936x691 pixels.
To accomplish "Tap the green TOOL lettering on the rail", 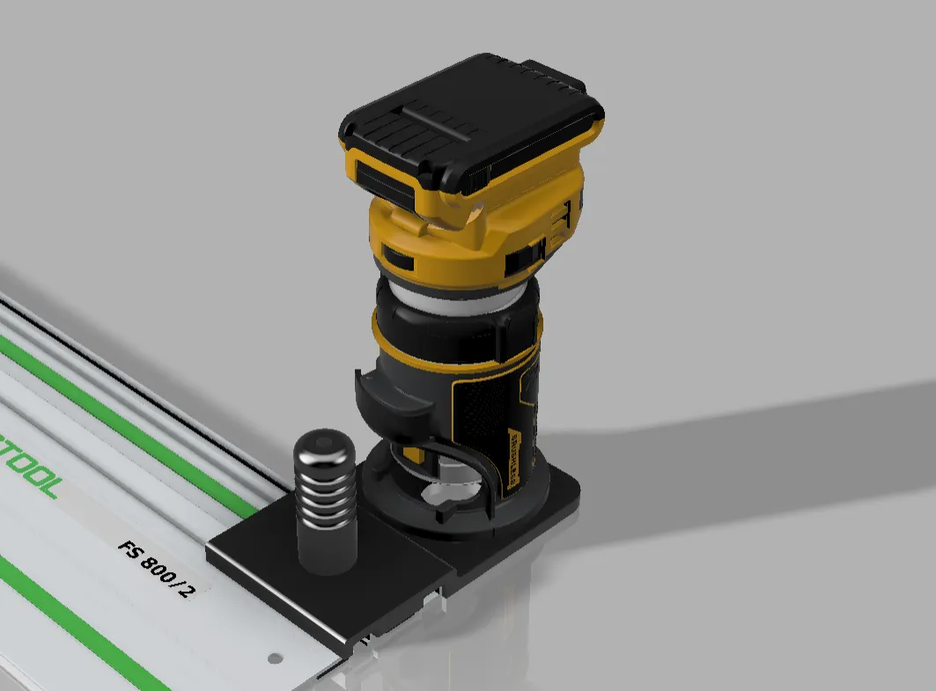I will pyautogui.click(x=31, y=466).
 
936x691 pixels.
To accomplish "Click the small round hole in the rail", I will pyautogui.click(x=274, y=657).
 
